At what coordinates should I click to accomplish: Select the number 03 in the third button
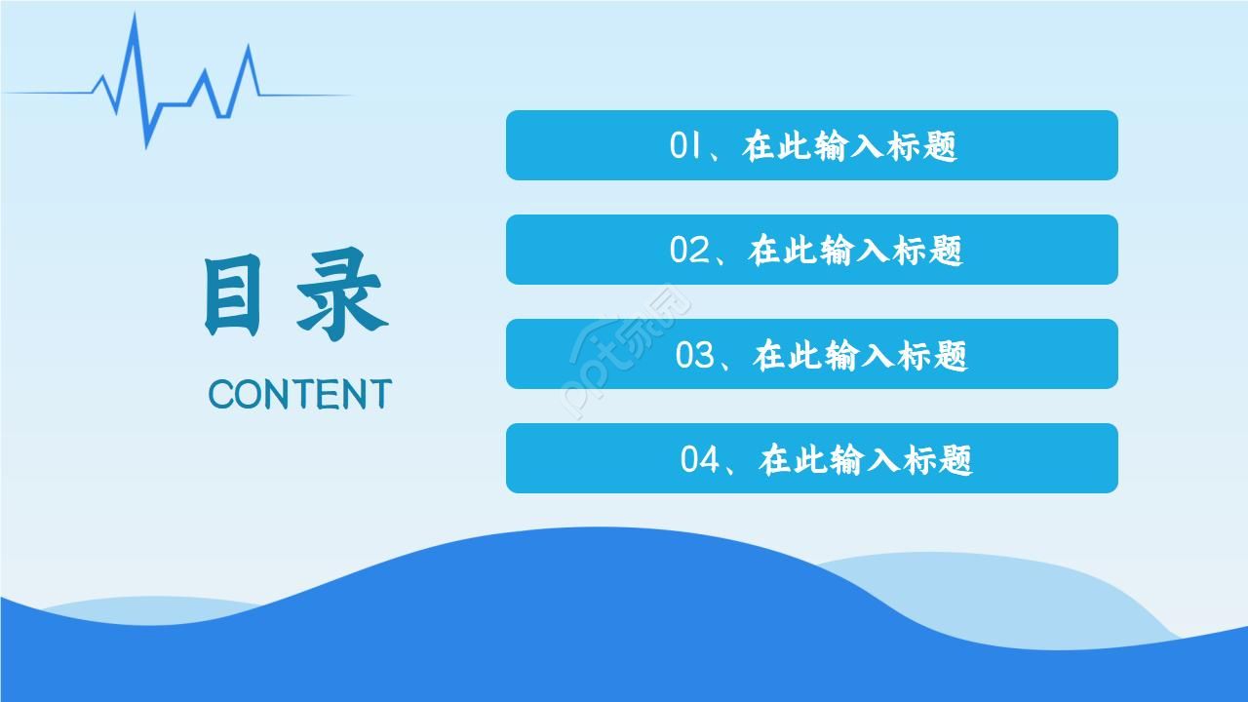tap(696, 355)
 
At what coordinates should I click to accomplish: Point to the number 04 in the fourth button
tap(700, 459)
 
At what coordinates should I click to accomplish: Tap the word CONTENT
tap(299, 395)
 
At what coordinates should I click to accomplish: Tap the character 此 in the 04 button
tap(808, 459)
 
